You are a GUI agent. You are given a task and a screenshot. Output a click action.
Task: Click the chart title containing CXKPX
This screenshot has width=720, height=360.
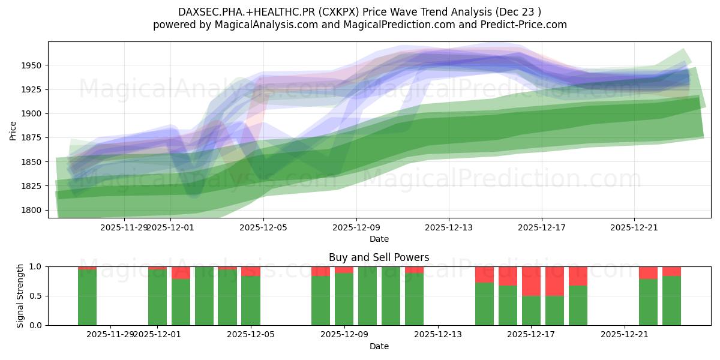pyautogui.click(x=359, y=12)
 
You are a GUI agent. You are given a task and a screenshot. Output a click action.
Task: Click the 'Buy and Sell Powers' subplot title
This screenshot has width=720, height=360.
pyautogui.click(x=379, y=257)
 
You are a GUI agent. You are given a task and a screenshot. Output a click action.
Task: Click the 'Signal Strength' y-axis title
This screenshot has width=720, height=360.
pyautogui.click(x=20, y=295)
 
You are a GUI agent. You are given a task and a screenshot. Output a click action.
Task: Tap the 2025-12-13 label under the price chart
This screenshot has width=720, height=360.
pyautogui.click(x=449, y=227)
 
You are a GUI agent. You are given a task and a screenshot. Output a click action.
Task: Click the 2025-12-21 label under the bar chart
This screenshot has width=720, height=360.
pyautogui.click(x=625, y=335)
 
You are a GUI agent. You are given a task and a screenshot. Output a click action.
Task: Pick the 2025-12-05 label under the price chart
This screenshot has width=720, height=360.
pyautogui.click(x=264, y=227)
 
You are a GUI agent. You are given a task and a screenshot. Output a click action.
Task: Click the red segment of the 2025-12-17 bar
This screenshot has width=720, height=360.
pyautogui.click(x=531, y=281)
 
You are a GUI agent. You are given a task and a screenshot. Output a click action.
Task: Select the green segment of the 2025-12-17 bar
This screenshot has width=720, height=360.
pyautogui.click(x=531, y=311)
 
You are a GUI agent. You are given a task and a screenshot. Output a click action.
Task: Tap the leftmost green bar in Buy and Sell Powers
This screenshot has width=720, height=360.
pyautogui.click(x=87, y=297)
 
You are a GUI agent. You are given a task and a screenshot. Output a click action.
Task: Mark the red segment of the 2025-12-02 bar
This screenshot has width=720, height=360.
pyautogui.click(x=181, y=272)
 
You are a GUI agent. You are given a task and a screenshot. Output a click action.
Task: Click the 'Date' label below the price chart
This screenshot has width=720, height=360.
pyautogui.click(x=379, y=239)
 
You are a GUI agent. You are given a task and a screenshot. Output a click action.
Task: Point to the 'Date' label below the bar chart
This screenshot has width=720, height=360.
pyautogui.click(x=379, y=346)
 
